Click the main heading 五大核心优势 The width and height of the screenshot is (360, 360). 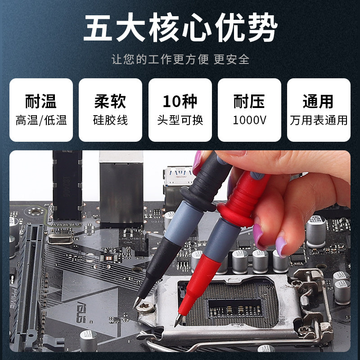click(x=180, y=29)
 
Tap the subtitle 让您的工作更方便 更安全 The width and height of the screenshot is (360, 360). click(x=180, y=59)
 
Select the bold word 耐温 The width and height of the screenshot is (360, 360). click(x=41, y=101)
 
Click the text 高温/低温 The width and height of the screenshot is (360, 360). click(x=41, y=121)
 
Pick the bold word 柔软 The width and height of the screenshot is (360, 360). click(x=110, y=101)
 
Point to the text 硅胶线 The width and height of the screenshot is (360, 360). click(x=110, y=121)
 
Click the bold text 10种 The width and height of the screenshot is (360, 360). click(x=180, y=101)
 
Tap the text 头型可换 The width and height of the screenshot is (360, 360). click(x=180, y=121)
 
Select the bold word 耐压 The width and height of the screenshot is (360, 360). click(x=249, y=101)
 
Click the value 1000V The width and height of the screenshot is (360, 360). click(x=249, y=121)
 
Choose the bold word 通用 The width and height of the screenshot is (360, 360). click(x=319, y=101)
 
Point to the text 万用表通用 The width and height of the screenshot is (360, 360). click(x=319, y=121)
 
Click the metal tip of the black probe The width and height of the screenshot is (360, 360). click(x=136, y=303)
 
